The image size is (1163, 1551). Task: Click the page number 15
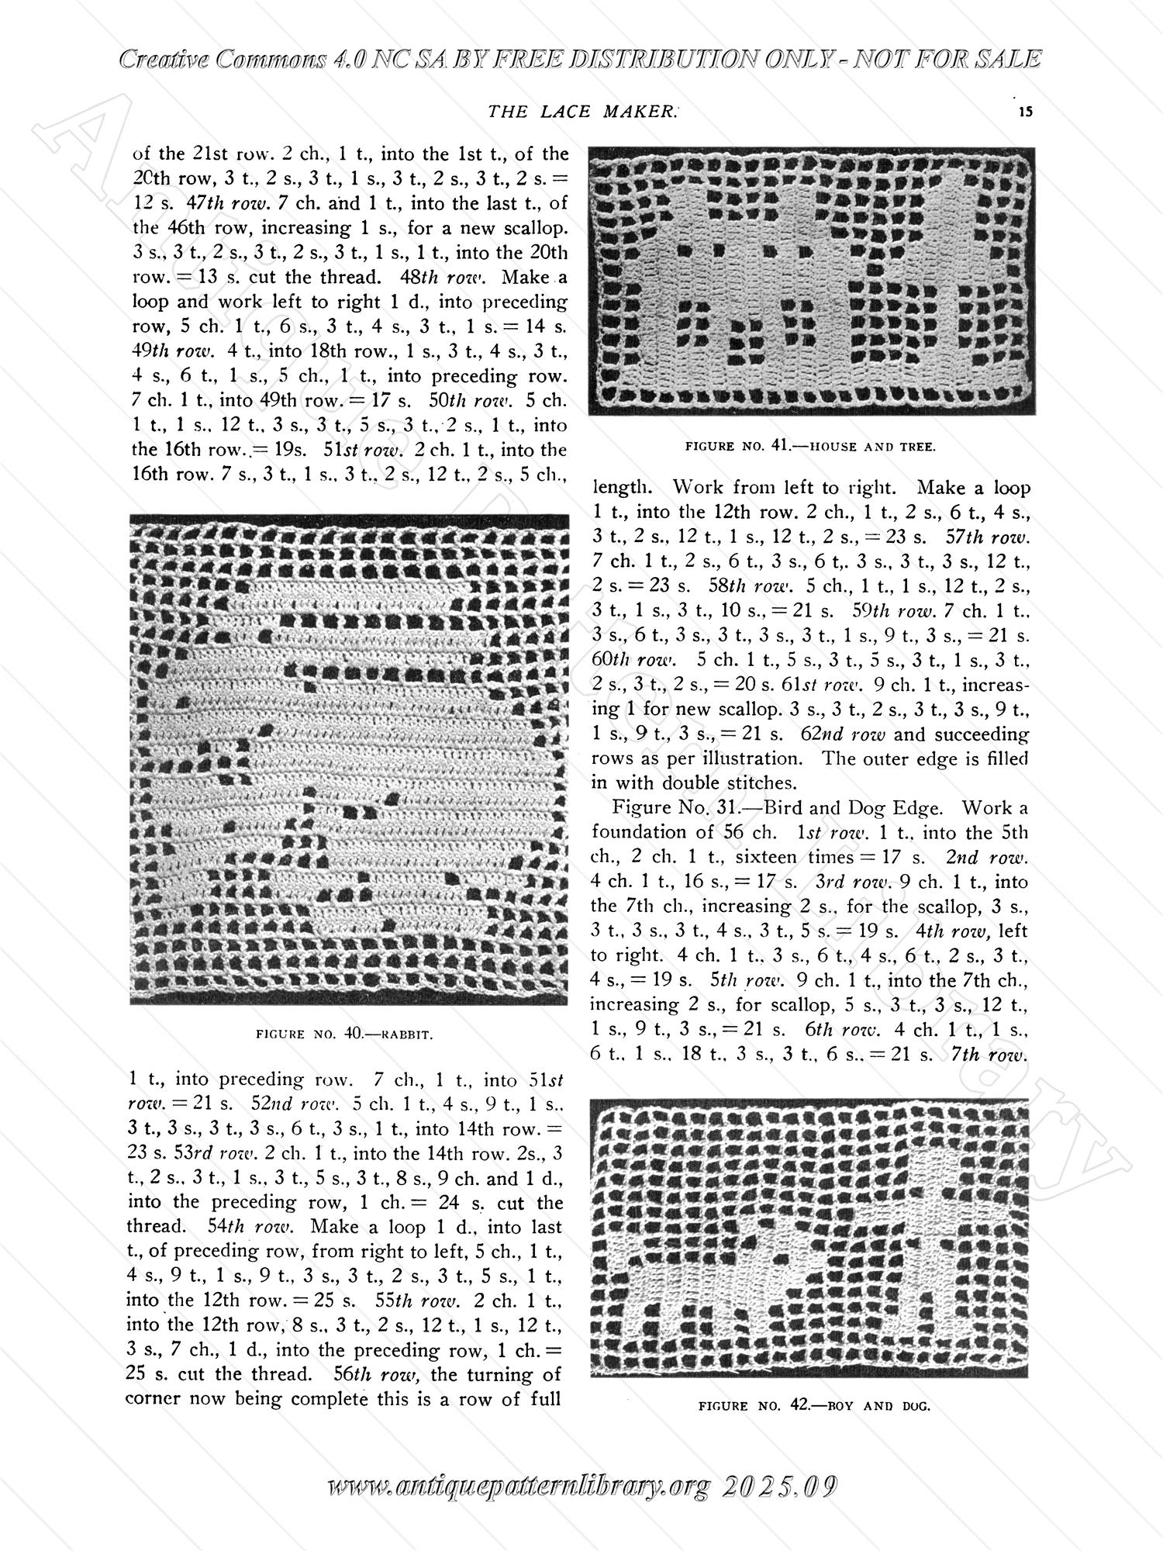pyautogui.click(x=1026, y=112)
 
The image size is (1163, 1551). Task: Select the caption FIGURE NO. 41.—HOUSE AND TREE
pyautogui.click(x=811, y=446)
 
